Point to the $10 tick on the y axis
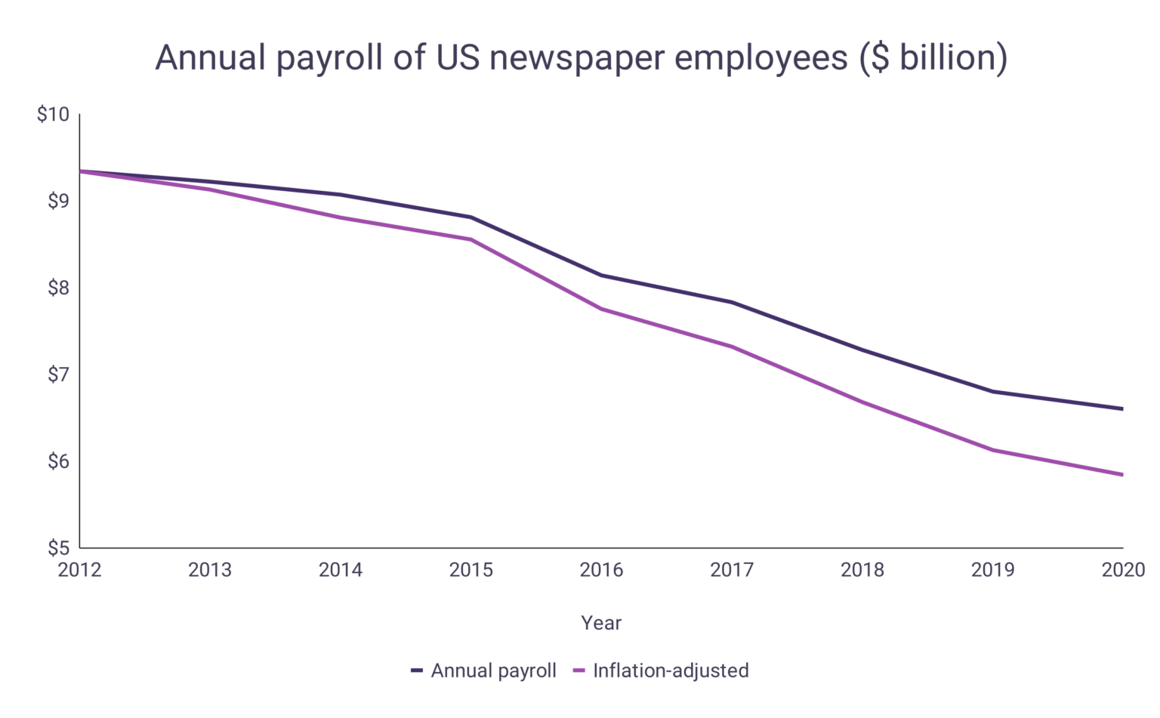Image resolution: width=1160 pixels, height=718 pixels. pos(53,115)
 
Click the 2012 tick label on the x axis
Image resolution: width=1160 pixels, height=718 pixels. pos(79,570)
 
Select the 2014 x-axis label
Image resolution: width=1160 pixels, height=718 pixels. pos(341,570)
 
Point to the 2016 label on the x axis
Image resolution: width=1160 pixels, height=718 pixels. pos(601,570)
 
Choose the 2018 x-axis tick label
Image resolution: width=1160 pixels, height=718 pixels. pos(862,570)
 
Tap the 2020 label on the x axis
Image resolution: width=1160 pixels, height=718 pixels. pos(1123,570)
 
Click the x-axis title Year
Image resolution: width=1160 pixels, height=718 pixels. pos(601,623)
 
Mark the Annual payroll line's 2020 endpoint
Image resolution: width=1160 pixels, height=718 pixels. pos(1122,409)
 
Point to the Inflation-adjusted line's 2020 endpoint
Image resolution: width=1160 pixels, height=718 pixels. pos(1122,475)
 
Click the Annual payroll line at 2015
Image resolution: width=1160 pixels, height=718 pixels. pos(471,217)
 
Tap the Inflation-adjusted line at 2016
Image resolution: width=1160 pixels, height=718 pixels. pos(601,309)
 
